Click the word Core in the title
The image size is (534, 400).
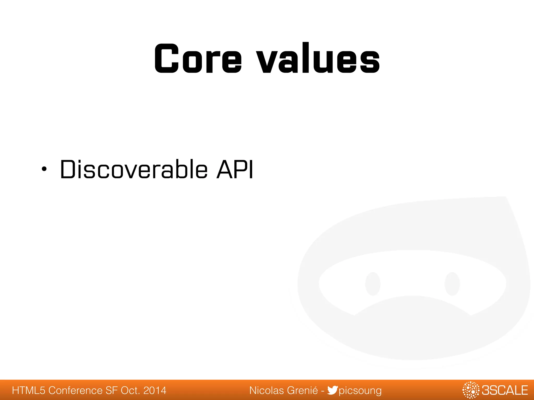(x=198, y=59)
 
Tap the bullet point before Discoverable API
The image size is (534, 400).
(x=44, y=170)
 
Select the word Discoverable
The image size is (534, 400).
(x=134, y=170)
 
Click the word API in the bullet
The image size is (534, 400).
(x=234, y=170)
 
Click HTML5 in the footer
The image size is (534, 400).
(x=29, y=391)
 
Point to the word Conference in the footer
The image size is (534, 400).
(x=75, y=391)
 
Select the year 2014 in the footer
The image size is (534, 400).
(x=155, y=391)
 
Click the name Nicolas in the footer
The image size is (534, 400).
(x=267, y=391)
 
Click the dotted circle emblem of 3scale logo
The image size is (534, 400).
(x=471, y=390)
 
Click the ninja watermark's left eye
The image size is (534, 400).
(x=373, y=284)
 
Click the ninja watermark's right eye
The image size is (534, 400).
(x=452, y=284)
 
